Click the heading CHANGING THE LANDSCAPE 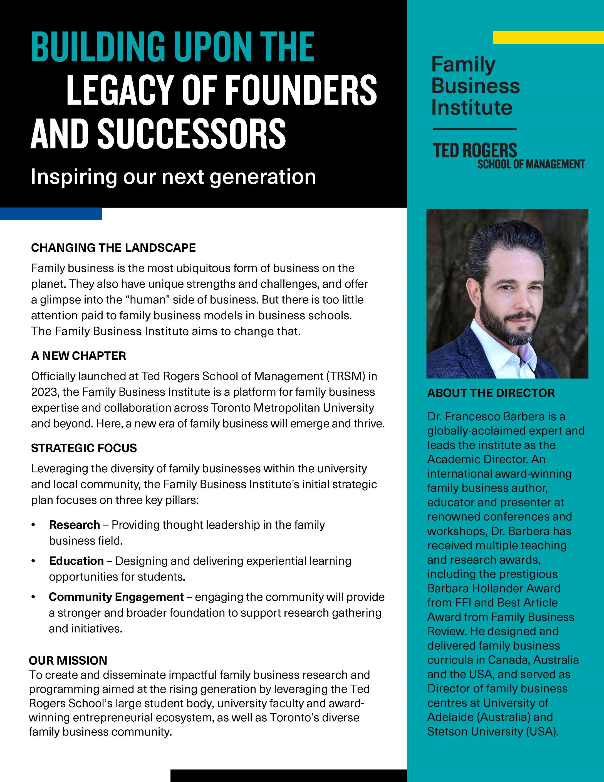(113, 248)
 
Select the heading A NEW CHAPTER (79, 356)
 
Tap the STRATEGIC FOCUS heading (84, 448)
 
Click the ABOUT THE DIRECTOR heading (491, 393)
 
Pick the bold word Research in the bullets (75, 525)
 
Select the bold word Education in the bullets (76, 561)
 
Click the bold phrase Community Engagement (116, 597)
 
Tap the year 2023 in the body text (44, 392)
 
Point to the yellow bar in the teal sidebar (548, 37)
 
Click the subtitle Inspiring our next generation (173, 177)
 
